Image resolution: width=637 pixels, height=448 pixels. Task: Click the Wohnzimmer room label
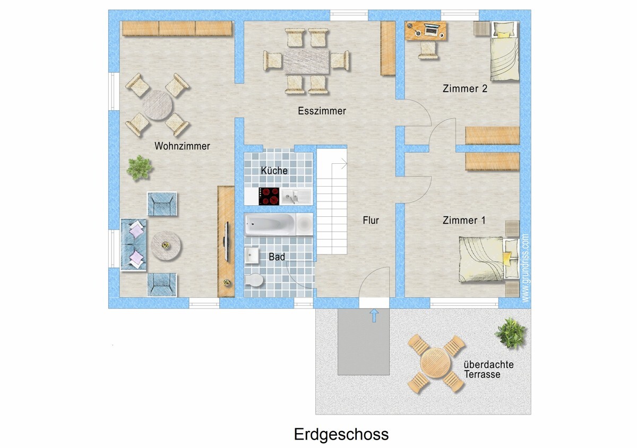(x=182, y=146)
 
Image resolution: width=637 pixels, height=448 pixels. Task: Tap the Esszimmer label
(x=322, y=111)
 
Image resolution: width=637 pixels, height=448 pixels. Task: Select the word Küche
(x=274, y=171)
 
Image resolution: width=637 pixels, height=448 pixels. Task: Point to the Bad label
(x=277, y=257)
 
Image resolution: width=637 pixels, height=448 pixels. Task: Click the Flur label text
(x=371, y=220)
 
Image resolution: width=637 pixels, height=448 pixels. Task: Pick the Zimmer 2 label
(x=464, y=89)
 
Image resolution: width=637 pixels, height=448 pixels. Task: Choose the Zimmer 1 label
(x=464, y=220)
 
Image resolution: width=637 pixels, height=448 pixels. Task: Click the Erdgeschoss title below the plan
(x=341, y=434)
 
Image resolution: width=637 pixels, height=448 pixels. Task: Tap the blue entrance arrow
(x=374, y=316)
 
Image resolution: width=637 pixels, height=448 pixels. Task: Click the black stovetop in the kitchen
(x=269, y=197)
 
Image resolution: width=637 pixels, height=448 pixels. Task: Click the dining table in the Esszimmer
(x=307, y=61)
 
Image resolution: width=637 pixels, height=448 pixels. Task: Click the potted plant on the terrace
(x=511, y=333)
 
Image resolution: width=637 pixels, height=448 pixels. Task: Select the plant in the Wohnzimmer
(x=140, y=168)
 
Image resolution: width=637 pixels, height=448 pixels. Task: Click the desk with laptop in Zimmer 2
(x=426, y=30)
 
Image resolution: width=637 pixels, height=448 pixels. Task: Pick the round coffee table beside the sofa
(x=166, y=245)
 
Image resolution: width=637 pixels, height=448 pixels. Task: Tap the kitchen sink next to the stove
(x=296, y=197)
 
